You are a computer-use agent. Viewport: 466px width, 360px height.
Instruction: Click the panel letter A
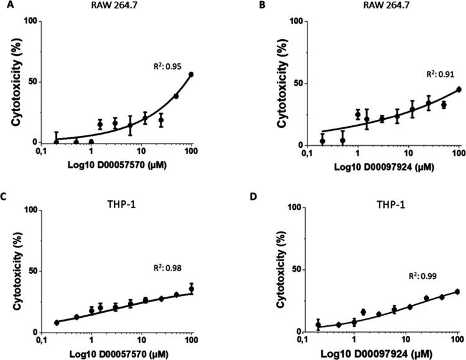point(5,6)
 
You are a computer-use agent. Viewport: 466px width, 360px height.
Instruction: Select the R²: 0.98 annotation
point(167,268)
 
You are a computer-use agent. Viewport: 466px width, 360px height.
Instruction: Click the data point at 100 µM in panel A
point(191,74)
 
